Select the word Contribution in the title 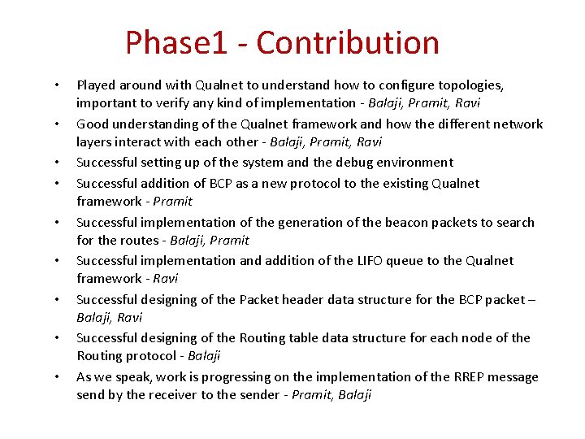(349, 42)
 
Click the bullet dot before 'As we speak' (58, 378)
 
